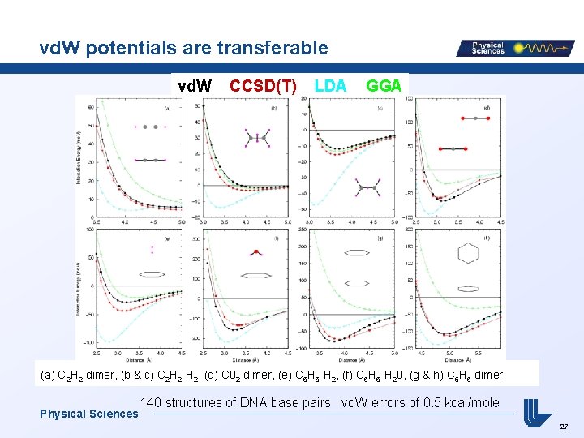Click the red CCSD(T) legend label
(x=263, y=85)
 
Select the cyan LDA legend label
(x=330, y=85)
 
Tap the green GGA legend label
(x=384, y=85)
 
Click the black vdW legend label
(x=195, y=85)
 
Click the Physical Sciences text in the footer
(x=88, y=414)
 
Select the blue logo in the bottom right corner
(x=538, y=411)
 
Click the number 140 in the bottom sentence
(x=152, y=402)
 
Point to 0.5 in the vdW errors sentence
(x=433, y=402)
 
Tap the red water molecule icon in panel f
(x=255, y=253)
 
